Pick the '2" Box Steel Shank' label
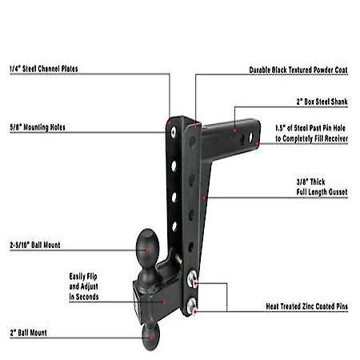coord(321,103)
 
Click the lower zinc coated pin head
coord(193,307)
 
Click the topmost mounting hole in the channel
coord(170,126)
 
